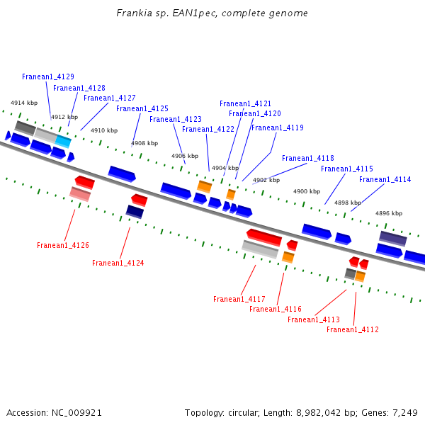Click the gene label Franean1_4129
click(x=48, y=76)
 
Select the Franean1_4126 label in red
click(x=63, y=245)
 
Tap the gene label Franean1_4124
click(x=118, y=263)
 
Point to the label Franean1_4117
click(x=239, y=299)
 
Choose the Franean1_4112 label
click(x=353, y=329)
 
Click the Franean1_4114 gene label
click(x=385, y=179)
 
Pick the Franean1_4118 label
click(x=308, y=158)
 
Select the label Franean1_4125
click(x=142, y=108)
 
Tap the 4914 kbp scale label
click(x=23, y=103)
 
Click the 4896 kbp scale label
click(x=389, y=213)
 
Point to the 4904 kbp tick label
click(x=225, y=168)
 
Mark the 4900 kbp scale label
click(x=307, y=191)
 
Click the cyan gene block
click(x=63, y=141)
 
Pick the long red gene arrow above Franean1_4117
click(x=264, y=237)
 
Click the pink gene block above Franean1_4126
click(x=79, y=193)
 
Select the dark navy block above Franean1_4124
click(x=135, y=211)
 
